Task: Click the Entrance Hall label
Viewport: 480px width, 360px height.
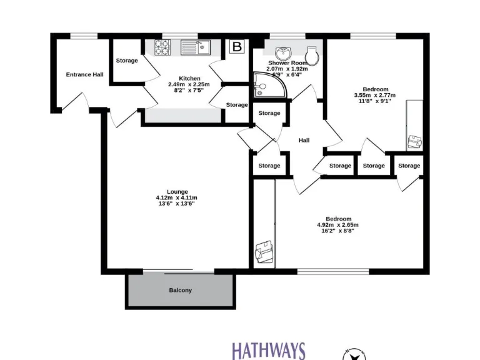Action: coord(85,74)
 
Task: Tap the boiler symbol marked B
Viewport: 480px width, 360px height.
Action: coord(236,46)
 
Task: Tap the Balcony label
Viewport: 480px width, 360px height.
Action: coord(181,290)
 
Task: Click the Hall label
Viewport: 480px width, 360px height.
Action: coord(304,140)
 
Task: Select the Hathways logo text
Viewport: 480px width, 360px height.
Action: coord(269,351)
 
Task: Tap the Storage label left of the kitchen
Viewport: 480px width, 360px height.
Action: coord(127,61)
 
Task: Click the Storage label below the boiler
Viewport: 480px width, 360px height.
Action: coord(237,105)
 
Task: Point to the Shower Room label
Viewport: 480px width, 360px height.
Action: coord(288,63)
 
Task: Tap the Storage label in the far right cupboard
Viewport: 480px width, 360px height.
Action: coord(409,166)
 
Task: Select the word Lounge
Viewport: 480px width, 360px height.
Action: coord(177,191)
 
